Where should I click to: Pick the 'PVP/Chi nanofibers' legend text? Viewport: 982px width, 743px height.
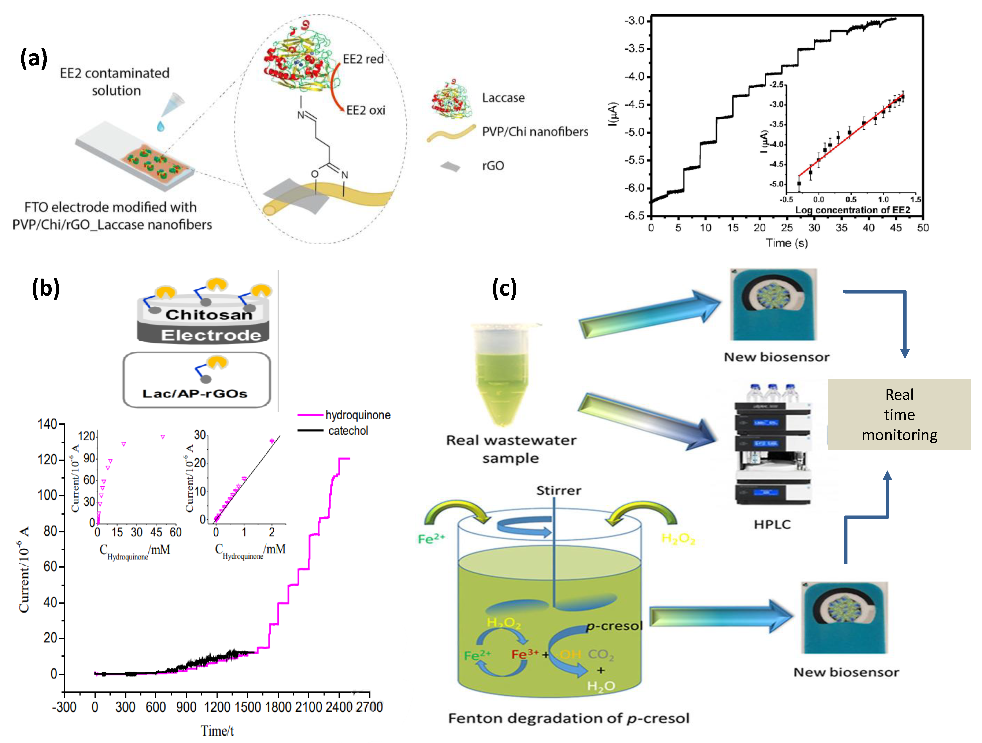click(535, 132)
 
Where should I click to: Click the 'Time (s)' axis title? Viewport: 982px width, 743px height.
click(786, 243)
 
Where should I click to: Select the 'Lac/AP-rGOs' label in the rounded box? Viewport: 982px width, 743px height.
click(195, 394)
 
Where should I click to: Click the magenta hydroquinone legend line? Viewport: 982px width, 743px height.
click(310, 415)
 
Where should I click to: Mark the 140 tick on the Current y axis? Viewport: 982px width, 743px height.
click(48, 424)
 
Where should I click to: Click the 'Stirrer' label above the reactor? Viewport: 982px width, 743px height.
click(558, 491)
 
